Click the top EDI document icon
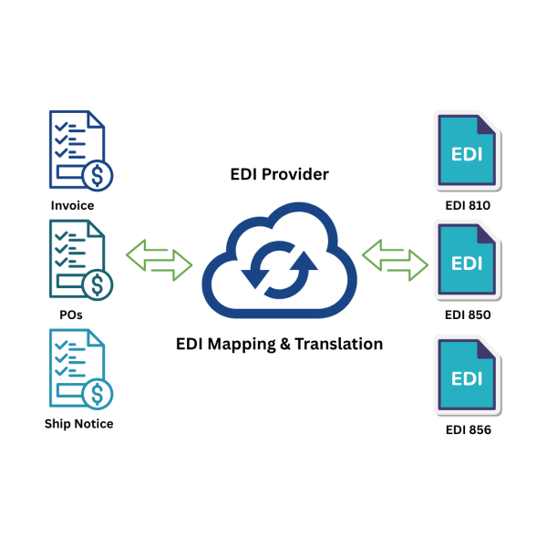coord(467,150)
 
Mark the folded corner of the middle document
coord(489,235)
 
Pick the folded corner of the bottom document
coord(489,349)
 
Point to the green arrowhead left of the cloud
coord(138,254)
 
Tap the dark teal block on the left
coord(77,264)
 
